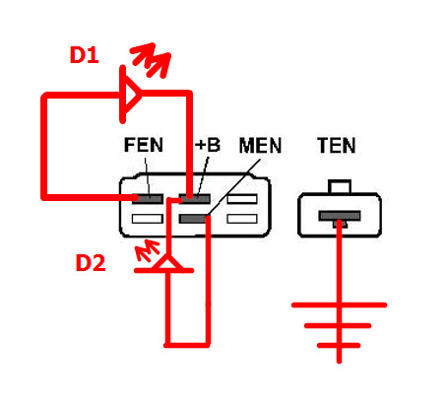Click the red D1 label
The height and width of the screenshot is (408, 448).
(85, 55)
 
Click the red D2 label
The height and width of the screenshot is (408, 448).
(91, 263)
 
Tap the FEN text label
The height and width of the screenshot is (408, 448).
(144, 145)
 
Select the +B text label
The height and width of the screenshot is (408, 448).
(208, 145)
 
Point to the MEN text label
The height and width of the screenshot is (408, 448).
(260, 146)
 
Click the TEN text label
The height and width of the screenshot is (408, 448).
(337, 146)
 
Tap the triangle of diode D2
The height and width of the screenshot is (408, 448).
(168, 264)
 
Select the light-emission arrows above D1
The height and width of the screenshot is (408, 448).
(151, 60)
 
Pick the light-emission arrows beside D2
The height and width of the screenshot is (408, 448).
(148, 249)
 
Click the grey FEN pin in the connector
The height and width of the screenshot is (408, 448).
(148, 198)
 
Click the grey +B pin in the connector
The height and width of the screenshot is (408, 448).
(195, 198)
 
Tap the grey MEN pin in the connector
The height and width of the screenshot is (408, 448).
(194, 219)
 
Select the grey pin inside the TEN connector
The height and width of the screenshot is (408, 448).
(340, 216)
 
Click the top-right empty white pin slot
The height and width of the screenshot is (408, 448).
(242, 199)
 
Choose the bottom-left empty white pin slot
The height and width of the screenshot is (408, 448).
(148, 219)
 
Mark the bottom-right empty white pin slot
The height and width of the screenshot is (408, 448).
(242, 219)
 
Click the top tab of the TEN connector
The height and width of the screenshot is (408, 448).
(340, 186)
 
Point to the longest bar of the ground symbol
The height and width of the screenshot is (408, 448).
(340, 306)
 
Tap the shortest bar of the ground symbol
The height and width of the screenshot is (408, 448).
(339, 345)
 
